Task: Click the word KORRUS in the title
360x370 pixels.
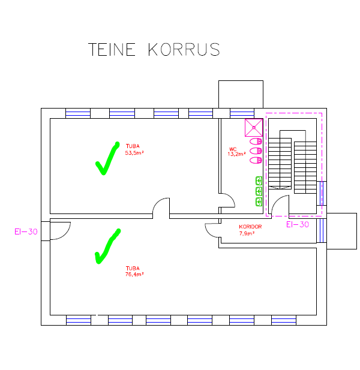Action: [x=183, y=49]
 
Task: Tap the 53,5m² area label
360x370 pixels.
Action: [x=134, y=153]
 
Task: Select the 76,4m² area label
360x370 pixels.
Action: [x=134, y=274]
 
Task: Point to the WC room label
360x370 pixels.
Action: [x=233, y=149]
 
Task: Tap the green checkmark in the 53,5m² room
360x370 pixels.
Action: [x=107, y=159]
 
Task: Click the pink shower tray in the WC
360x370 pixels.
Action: [x=254, y=127]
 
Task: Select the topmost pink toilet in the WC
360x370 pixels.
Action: [x=255, y=142]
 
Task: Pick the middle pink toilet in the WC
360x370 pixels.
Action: [x=255, y=151]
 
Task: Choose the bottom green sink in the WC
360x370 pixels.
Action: [x=259, y=201]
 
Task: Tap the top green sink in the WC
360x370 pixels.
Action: [x=259, y=180]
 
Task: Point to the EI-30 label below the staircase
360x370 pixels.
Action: [x=297, y=225]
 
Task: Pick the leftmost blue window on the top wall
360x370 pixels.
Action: [x=77, y=113]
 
